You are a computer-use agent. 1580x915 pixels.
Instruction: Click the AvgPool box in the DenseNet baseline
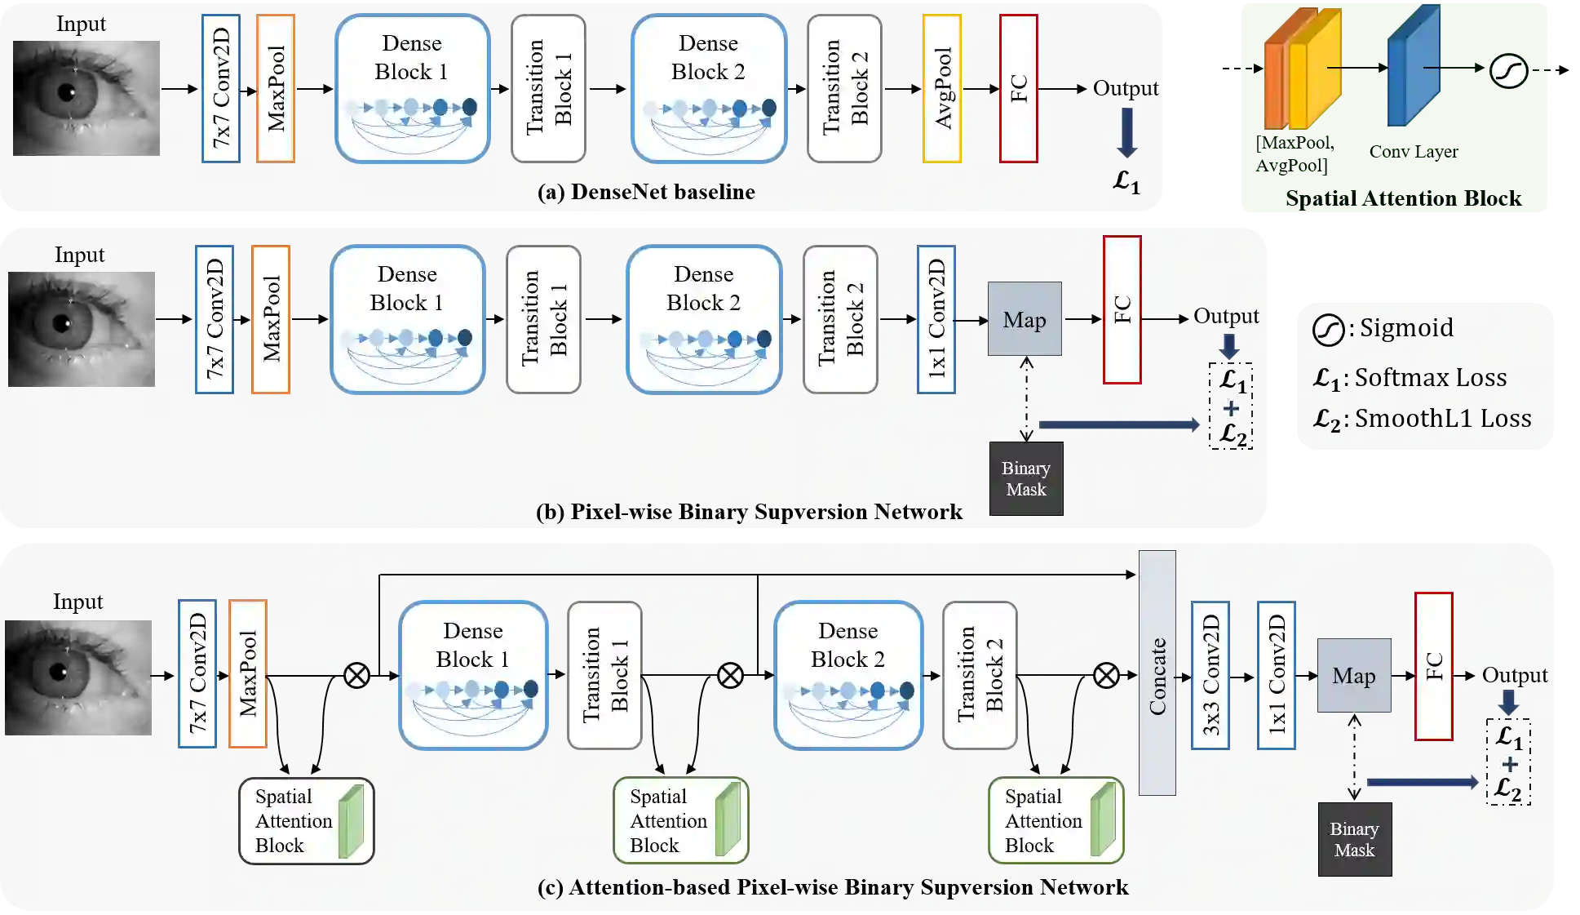[x=941, y=88]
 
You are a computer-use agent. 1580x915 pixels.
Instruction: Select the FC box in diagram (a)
[x=1019, y=88]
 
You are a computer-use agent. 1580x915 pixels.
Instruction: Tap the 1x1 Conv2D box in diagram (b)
[x=936, y=319]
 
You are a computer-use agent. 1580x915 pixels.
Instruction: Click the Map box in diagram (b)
[x=1025, y=319]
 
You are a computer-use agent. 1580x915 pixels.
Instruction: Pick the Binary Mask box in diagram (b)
[x=1026, y=478]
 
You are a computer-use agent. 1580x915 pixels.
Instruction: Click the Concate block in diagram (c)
[x=1157, y=673]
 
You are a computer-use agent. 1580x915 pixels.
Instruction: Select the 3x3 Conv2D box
[x=1210, y=675]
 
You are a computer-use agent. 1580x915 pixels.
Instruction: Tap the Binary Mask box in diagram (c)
[x=1355, y=839]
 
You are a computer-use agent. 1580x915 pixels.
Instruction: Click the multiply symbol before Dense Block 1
[x=356, y=676]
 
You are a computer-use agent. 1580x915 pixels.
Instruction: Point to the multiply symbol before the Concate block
[x=1106, y=675]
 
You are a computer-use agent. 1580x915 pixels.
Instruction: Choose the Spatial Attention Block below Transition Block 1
[x=681, y=820]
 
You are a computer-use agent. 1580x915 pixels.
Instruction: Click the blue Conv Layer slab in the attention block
[x=1414, y=65]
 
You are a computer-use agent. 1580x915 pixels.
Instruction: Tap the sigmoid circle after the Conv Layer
[x=1508, y=70]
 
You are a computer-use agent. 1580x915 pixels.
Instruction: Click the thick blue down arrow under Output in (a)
[x=1126, y=132]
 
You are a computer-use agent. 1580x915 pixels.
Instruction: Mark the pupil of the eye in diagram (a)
[x=67, y=92]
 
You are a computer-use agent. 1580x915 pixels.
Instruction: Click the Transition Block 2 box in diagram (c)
[x=980, y=675]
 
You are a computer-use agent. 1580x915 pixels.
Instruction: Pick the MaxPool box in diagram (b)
[x=271, y=319]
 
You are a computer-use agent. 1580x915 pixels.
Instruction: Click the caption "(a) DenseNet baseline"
[x=646, y=192]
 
